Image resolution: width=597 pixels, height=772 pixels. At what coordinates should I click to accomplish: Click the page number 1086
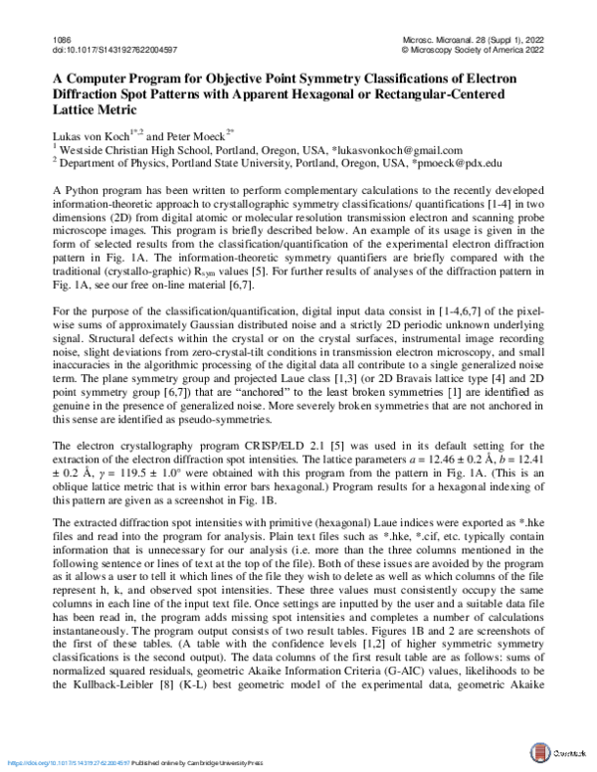59,37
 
